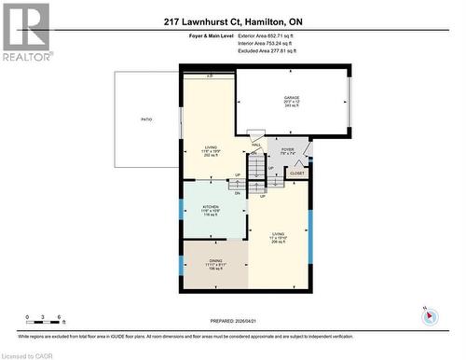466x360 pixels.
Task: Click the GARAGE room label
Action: click(292, 97)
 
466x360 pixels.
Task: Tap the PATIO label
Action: click(146, 119)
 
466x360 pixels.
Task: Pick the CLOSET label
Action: click(297, 173)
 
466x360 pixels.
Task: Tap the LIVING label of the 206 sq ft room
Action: click(279, 234)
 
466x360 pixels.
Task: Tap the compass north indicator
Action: click(430, 316)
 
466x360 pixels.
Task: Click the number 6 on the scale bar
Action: click(60, 318)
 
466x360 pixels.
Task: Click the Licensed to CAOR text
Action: click(30, 354)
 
